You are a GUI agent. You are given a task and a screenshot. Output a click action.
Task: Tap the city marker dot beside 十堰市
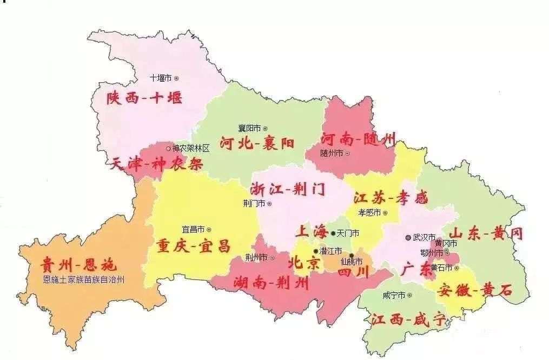pyautogui.click(x=176, y=78)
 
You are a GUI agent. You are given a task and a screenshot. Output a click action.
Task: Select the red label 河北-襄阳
pyautogui.click(x=257, y=144)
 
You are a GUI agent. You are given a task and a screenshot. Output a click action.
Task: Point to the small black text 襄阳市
pyautogui.click(x=249, y=128)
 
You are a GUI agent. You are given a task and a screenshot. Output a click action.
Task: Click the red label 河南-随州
pyautogui.click(x=358, y=139)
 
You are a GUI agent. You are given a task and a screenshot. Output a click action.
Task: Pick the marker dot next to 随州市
pyautogui.click(x=347, y=154)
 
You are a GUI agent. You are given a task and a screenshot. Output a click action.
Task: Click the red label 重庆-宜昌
pyautogui.click(x=193, y=246)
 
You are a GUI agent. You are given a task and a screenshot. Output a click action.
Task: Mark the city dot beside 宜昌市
pyautogui.click(x=209, y=229)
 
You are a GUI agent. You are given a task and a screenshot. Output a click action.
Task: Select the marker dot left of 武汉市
pyautogui.click(x=408, y=237)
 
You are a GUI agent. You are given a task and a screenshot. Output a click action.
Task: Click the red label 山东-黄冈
pyautogui.click(x=487, y=234)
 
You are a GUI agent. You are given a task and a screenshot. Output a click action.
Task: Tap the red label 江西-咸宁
pyautogui.click(x=408, y=319)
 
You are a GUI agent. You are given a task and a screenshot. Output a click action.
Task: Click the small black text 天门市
pyautogui.click(x=348, y=233)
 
